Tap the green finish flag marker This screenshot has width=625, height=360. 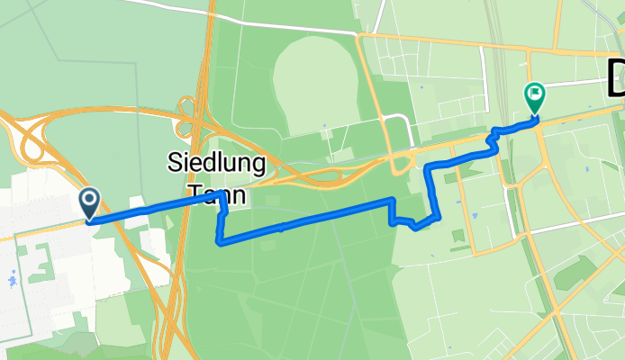[x=534, y=94]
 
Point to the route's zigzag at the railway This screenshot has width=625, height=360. [x=493, y=140]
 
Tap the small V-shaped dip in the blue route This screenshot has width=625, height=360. [x=414, y=226]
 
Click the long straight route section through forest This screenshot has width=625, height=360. [x=306, y=220]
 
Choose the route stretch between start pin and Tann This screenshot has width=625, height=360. [x=149, y=209]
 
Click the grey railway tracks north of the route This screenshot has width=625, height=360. [x=494, y=54]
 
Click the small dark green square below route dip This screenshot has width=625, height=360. [x=457, y=235]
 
